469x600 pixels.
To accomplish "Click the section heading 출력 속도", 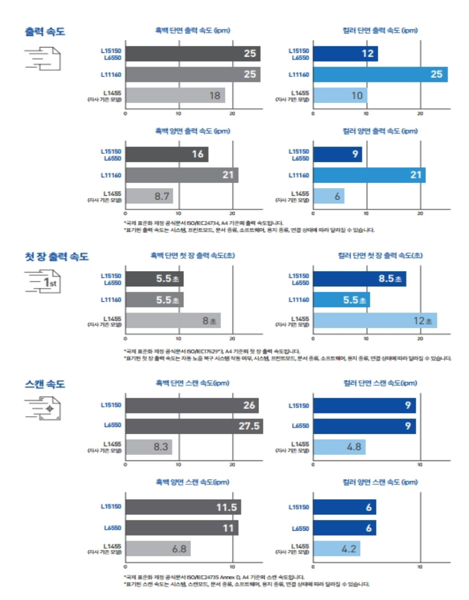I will pyautogui.click(x=45, y=31).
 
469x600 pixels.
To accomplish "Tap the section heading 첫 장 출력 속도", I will pyautogui.click(x=57, y=256).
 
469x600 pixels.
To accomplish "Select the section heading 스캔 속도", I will pyautogui.click(x=45, y=385).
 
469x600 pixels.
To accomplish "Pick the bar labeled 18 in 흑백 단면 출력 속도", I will pyautogui.click(x=175, y=95).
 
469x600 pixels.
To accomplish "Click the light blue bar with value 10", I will pyautogui.click(x=340, y=95).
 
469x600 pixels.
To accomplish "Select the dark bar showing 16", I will pyautogui.click(x=166, y=154).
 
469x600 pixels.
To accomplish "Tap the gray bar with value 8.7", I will pyautogui.click(x=149, y=196).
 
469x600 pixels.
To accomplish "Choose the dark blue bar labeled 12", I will pyautogui.click(x=345, y=54).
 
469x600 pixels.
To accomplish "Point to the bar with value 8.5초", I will pyautogui.click(x=359, y=279).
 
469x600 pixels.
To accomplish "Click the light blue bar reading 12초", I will pyautogui.click(x=375, y=320).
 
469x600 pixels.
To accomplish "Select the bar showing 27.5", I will pyautogui.click(x=194, y=426).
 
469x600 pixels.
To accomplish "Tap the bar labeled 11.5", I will pyautogui.click(x=183, y=507).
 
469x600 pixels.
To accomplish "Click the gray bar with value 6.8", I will pyautogui.click(x=158, y=549).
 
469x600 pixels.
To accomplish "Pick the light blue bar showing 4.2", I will pyautogui.click(x=336, y=549).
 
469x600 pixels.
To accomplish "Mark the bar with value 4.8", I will pyautogui.click(x=339, y=447).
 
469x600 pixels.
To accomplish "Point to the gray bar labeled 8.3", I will pyautogui.click(x=148, y=447).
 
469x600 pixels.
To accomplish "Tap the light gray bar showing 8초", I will pyautogui.click(x=173, y=320).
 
